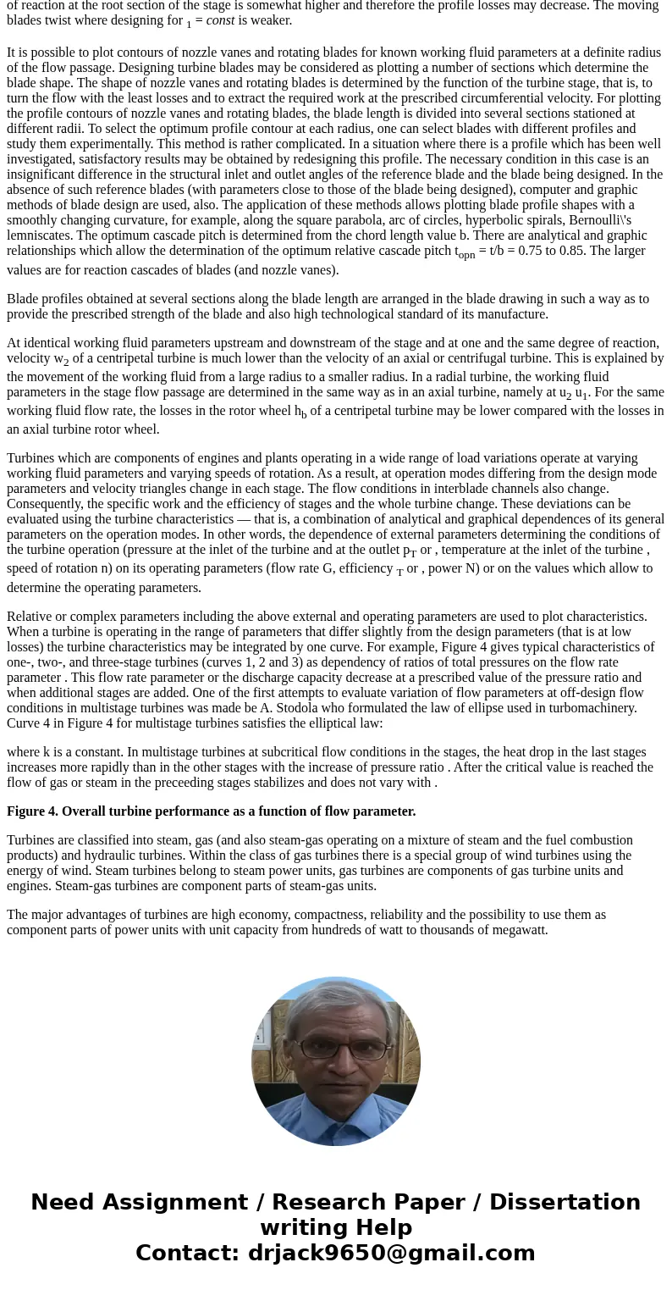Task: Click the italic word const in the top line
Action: coord(220,20)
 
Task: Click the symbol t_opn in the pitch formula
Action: coord(465,252)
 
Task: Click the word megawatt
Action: coord(519,930)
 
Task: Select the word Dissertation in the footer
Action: coord(565,1203)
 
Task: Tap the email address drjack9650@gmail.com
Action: coord(392,1254)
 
